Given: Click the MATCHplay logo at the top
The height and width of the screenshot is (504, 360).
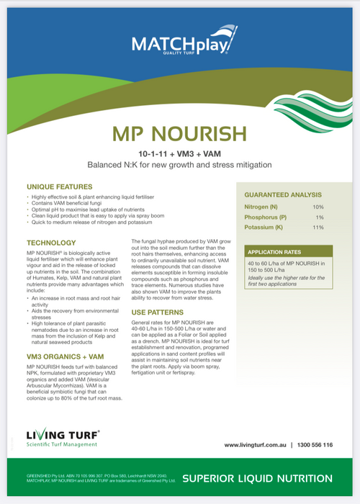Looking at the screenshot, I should pyautogui.click(x=179, y=45).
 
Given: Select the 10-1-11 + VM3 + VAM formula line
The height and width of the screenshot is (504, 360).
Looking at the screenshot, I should pyautogui.click(x=179, y=153).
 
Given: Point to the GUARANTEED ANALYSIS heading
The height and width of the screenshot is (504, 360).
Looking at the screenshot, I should pyautogui.click(x=283, y=194).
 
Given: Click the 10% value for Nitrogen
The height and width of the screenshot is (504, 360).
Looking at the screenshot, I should pyautogui.click(x=318, y=207).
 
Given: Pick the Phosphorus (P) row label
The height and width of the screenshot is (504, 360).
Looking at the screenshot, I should pyautogui.click(x=265, y=217).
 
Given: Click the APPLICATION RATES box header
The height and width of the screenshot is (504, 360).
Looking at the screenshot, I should pyautogui.click(x=278, y=252).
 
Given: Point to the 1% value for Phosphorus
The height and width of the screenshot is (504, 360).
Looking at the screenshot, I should pyautogui.click(x=320, y=217).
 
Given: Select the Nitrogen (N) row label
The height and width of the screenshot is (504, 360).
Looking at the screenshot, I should pyautogui.click(x=262, y=207).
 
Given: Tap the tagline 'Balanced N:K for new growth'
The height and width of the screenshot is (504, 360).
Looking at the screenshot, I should pyautogui.click(x=179, y=165).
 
